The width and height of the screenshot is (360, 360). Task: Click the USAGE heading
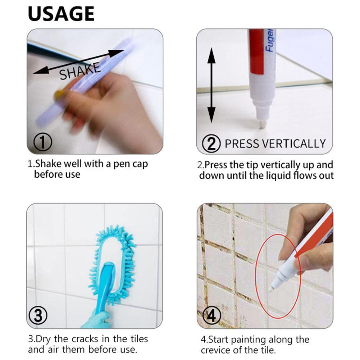[x=61, y=14]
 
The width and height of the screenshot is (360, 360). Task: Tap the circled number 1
[x=43, y=142]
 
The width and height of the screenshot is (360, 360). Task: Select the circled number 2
[x=211, y=143]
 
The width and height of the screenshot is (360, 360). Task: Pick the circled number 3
[x=38, y=315]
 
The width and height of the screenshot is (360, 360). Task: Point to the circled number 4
[x=212, y=316]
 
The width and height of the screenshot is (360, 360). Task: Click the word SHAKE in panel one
[x=80, y=71]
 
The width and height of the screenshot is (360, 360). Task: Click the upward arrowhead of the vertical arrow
[x=211, y=55]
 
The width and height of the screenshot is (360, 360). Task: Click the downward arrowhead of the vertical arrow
[x=211, y=115]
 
